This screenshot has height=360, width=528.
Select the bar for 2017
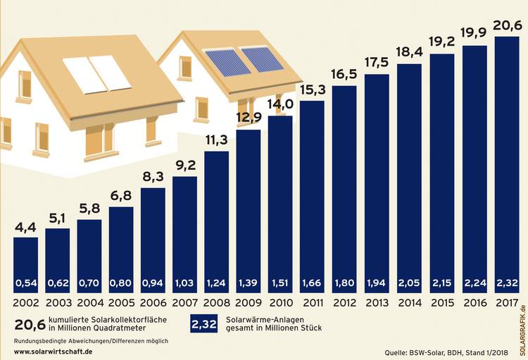pos(507,162)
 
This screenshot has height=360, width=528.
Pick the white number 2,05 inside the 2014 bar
pos(410,283)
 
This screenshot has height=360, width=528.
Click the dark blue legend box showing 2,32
pos(205,325)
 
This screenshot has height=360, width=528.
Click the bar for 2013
pos(378,183)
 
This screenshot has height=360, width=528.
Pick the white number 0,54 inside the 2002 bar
pos(27,283)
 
